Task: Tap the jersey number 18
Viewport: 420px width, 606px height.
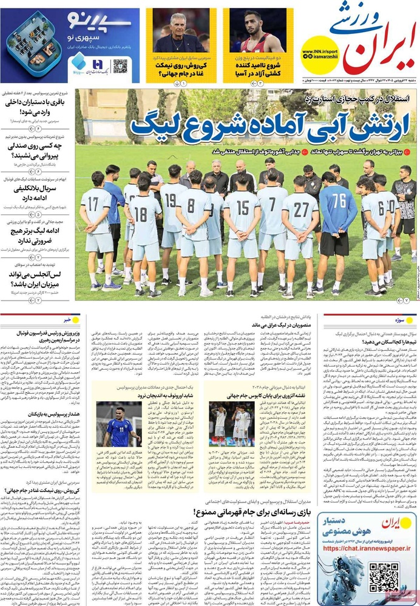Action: [x=141, y=213]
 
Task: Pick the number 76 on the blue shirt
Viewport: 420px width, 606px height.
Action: [x=339, y=201]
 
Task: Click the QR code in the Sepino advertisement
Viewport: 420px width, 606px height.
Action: [x=120, y=65]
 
